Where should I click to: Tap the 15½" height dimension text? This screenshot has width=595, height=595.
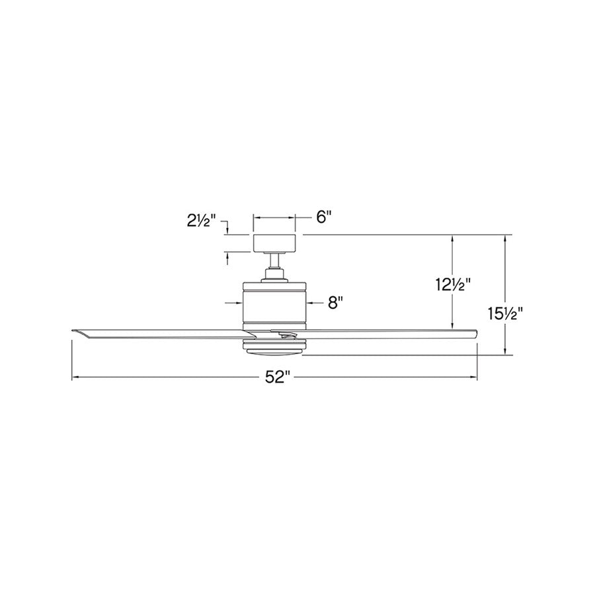point(506,314)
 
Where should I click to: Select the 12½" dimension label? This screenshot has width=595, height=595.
point(453,284)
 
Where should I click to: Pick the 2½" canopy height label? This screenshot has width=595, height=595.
point(201,220)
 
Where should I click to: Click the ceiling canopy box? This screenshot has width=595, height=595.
point(274,243)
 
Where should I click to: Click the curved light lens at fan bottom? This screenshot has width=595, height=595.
point(274,352)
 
